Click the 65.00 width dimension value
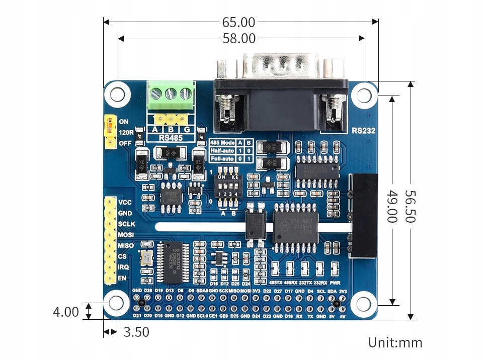238,22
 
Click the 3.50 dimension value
136,332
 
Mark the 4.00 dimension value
66,312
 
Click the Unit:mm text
395,343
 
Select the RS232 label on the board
363,131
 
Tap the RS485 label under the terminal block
171,137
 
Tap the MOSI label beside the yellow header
126,235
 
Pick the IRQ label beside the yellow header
124,267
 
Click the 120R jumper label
126,133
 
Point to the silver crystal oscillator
146,258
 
